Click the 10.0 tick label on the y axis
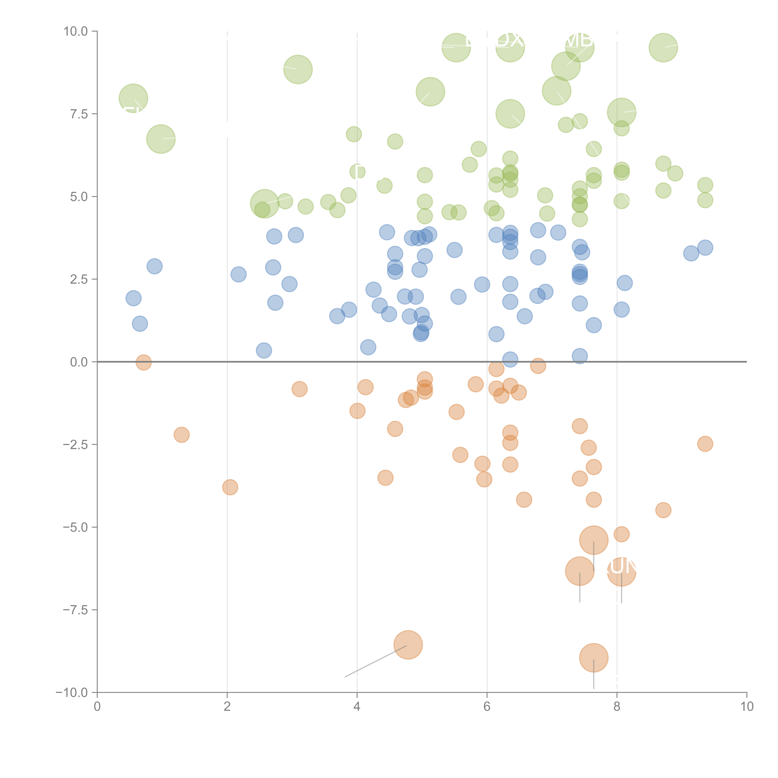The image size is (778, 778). (x=76, y=31)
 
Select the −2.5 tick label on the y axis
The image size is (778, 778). (x=76, y=445)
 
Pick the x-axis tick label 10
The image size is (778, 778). (x=747, y=707)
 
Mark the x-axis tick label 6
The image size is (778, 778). (x=487, y=707)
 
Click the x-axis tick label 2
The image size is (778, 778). (x=227, y=707)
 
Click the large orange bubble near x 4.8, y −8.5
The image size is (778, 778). (x=408, y=645)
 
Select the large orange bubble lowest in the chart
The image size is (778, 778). (x=594, y=658)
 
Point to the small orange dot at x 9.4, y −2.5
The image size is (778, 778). (x=705, y=444)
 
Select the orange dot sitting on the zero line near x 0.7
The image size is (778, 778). (x=143, y=362)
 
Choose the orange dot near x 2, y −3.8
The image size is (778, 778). (x=230, y=487)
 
